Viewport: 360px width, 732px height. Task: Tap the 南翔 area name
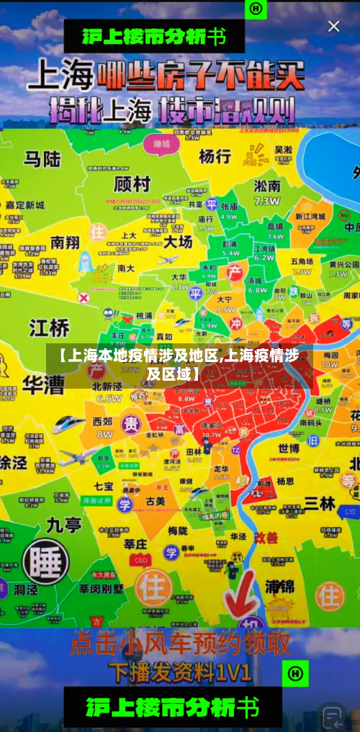[x=64, y=243]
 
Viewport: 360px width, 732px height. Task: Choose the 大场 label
[x=178, y=240]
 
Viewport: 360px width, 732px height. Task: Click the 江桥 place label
[x=49, y=328]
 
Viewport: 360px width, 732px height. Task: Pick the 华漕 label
[x=43, y=384]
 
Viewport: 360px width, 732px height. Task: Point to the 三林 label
[x=320, y=503]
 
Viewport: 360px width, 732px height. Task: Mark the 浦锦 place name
[x=279, y=587]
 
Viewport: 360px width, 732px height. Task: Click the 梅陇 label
[x=178, y=530]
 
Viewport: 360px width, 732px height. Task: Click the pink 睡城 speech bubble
[x=161, y=143]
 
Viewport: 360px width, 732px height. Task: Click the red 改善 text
[x=266, y=538]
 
